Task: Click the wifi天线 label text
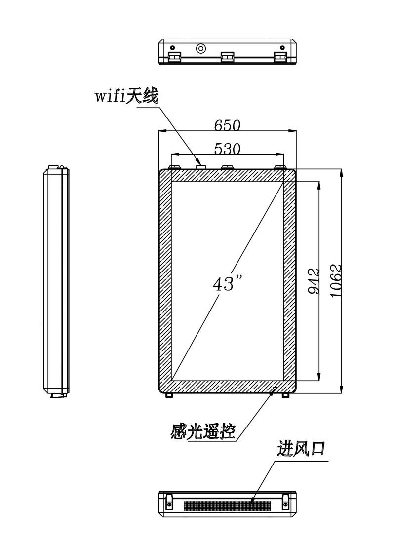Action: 126,96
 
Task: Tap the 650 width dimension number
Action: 227,125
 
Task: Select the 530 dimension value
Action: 227,149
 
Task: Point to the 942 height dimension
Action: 314,281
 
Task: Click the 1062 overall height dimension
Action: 336,281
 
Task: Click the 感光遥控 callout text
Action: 203,431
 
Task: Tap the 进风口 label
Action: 301,448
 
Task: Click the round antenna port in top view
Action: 200,48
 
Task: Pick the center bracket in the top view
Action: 228,57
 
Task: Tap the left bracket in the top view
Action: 175,57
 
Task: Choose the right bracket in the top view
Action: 280,57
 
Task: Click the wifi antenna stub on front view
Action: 200,167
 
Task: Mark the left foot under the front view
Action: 169,396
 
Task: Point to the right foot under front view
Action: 285,396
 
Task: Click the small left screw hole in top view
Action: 172,47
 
